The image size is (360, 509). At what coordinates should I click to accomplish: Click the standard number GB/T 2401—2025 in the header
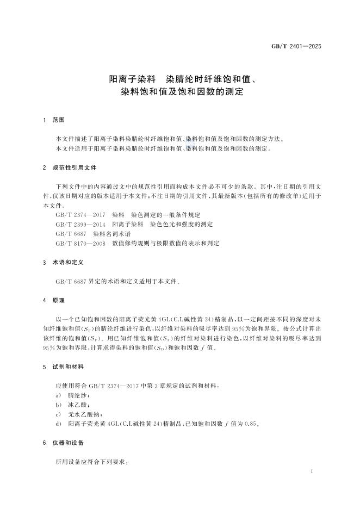(296, 46)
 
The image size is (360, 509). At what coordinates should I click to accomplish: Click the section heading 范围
(59, 120)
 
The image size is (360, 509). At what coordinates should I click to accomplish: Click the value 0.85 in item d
(250, 424)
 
